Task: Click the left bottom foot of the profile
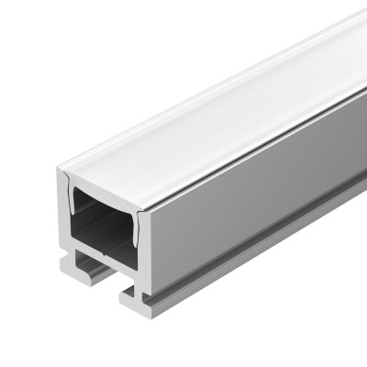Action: pos(78,266)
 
